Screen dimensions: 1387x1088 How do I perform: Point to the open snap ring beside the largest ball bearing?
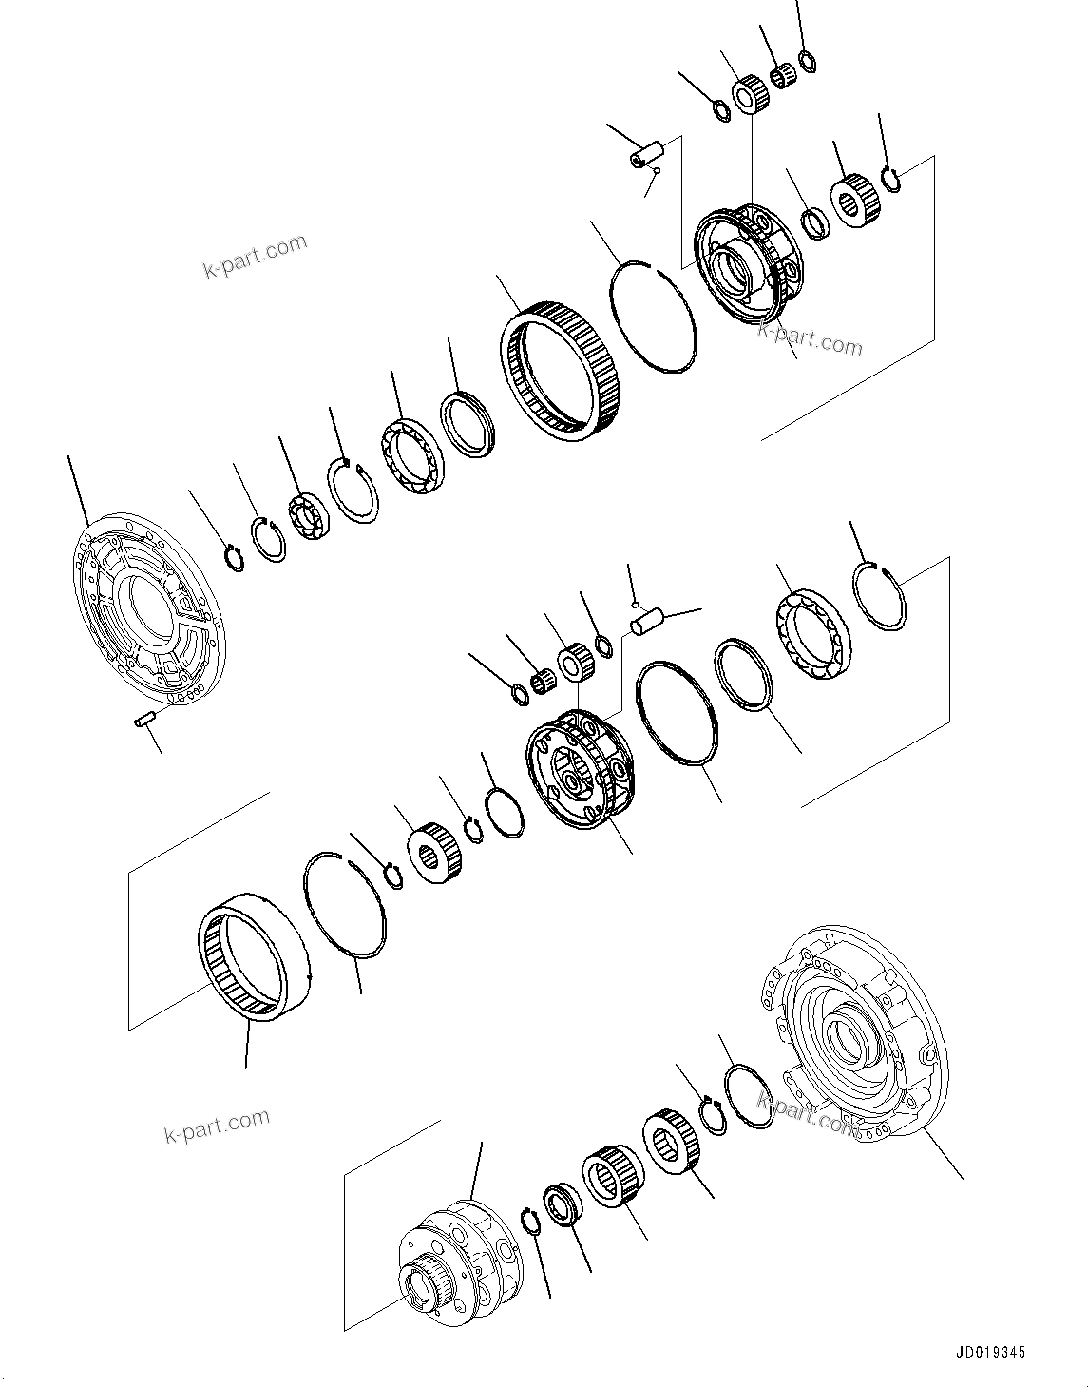point(880,595)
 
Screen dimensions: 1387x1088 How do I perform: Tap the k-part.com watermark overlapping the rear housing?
point(808,1112)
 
